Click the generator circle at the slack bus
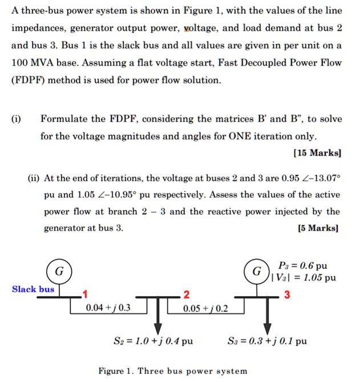coord(59,270)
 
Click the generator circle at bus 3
coord(257,270)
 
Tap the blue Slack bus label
coord(33,289)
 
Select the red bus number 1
coord(84,294)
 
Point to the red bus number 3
coord(286,294)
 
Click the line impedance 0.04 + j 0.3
coord(108,308)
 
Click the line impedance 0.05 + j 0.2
coord(205,308)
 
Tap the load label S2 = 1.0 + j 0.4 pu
coord(153,342)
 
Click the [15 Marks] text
coord(317,153)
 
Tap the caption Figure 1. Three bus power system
coord(173,371)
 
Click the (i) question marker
coord(17,119)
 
